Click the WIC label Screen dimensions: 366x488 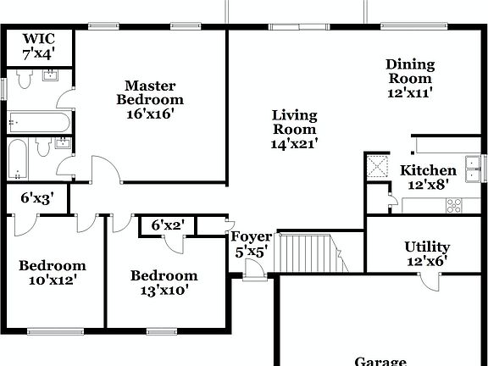[x=38, y=39]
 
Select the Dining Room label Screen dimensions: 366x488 [x=410, y=64]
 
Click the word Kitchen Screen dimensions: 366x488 [x=428, y=170]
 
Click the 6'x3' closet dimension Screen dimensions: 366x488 [x=37, y=200]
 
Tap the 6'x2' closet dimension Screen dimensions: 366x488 [x=168, y=225]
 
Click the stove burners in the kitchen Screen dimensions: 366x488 [x=453, y=204]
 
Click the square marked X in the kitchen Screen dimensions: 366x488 [x=375, y=164]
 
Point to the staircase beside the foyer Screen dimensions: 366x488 [x=308, y=252]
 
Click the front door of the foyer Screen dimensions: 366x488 [x=252, y=270]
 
